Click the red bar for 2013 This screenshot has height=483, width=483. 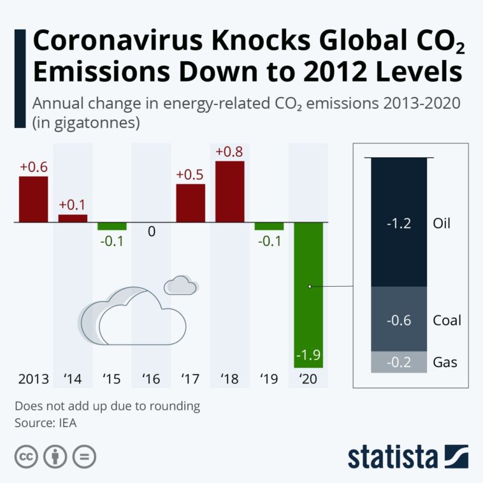(33, 199)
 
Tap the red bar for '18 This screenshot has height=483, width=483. (230, 192)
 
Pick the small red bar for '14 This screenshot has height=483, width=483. (73, 219)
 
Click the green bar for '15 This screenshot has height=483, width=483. (112, 226)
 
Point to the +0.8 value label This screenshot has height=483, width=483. (230, 152)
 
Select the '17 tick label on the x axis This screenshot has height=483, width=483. (191, 380)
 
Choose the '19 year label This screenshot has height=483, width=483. (269, 380)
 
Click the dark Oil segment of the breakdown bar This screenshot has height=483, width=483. (398, 222)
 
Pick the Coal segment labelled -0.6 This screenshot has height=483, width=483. (398, 319)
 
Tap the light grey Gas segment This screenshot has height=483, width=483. (398, 362)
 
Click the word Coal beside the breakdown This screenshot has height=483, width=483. (446, 320)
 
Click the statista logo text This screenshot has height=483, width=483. (393, 457)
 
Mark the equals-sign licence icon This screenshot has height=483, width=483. (84, 457)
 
